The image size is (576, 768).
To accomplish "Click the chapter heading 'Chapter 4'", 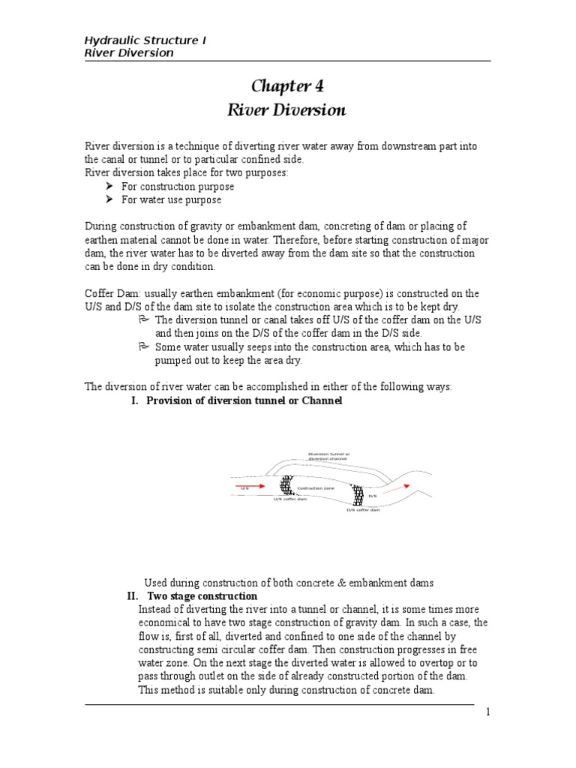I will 286,85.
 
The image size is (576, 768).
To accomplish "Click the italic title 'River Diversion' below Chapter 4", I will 286,110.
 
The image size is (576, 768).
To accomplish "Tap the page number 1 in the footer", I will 487,712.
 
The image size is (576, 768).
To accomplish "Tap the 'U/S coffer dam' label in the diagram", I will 289,499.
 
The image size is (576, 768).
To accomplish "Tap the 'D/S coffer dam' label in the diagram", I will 363,511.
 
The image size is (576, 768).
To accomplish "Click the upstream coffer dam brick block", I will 286,485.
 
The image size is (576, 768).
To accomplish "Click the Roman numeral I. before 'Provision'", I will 135,401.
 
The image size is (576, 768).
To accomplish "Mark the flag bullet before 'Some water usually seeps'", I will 145,346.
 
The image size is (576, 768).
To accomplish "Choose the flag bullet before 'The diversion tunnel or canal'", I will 145,319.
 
